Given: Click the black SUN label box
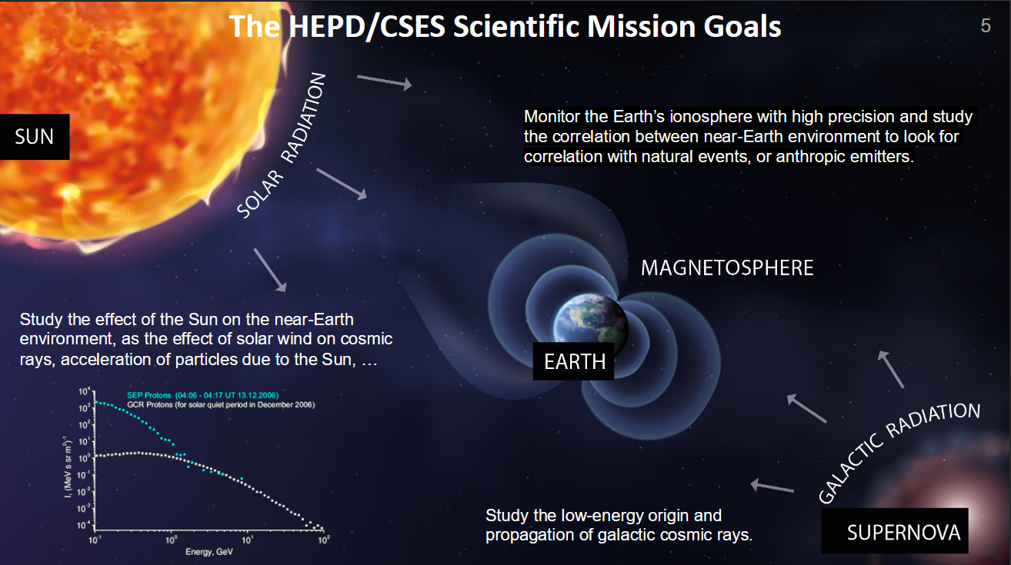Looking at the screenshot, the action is coord(35,137).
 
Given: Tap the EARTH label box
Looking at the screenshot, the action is coord(574,361).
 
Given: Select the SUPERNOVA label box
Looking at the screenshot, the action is coord(895,531).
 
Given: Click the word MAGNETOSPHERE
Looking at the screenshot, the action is coord(727,268).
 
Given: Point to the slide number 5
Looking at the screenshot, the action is coord(986,25).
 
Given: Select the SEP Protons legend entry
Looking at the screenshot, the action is coord(202,395).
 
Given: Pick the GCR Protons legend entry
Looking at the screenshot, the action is coord(221,404).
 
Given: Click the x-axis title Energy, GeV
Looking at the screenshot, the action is coord(209,552).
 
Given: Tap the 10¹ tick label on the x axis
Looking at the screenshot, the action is coord(247,540).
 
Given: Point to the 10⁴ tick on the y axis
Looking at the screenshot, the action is coord(85,391).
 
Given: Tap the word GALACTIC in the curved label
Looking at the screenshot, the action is coord(850,469).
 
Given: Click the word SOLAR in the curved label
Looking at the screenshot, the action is coord(260,194).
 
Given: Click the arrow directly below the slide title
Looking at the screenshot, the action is coord(384,82).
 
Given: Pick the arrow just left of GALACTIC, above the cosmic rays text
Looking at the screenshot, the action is coord(772,487).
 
